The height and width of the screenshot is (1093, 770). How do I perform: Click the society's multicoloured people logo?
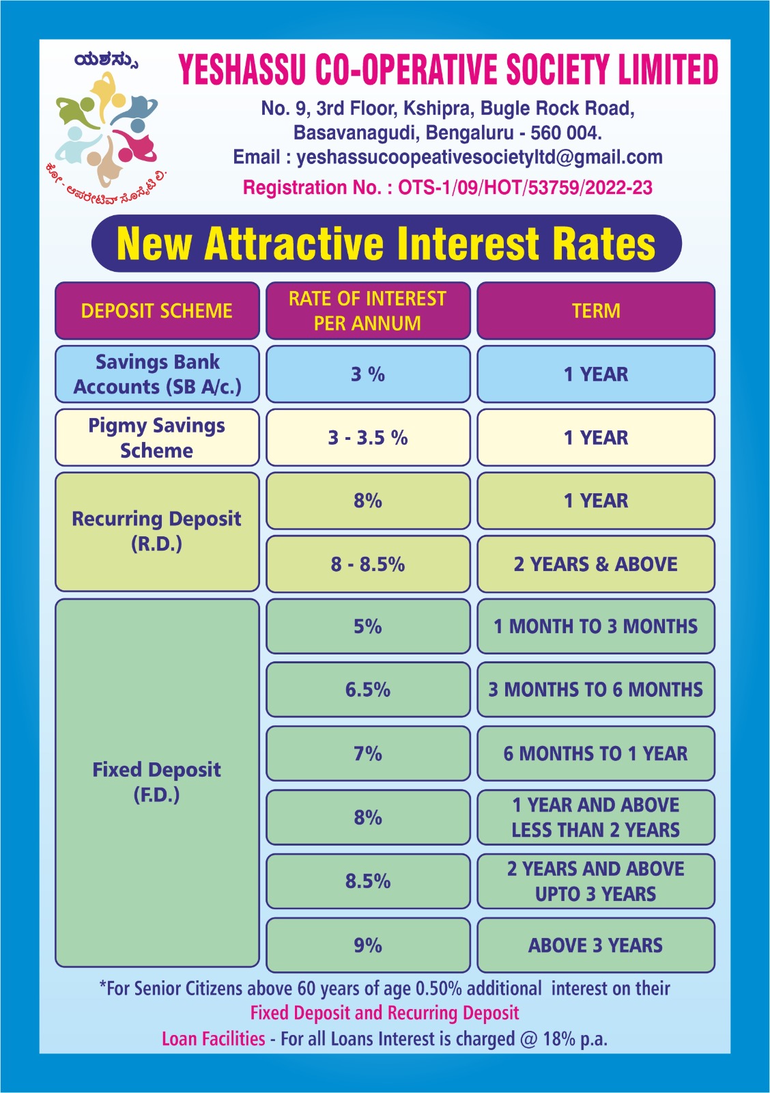pos(106,130)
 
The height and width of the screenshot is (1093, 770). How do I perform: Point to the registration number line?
pos(448,188)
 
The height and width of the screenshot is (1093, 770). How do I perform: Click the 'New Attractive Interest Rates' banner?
pos(386,244)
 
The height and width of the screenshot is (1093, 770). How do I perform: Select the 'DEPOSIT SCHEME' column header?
pos(157,311)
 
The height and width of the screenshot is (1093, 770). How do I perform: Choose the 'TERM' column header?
pos(596,311)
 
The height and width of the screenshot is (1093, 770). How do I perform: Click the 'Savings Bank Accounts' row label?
pos(157,374)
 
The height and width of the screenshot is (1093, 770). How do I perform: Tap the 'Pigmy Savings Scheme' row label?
pos(157,438)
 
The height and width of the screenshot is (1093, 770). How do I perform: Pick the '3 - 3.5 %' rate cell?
pos(368,438)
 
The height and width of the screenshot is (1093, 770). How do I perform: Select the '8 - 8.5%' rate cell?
pos(368,564)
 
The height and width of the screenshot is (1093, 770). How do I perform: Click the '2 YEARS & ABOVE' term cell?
pos(596,564)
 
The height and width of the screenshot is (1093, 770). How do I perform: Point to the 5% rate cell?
pos(368,626)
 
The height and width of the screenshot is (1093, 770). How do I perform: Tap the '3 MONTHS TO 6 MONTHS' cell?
pos(596,690)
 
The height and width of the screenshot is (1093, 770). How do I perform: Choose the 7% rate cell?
pos(368,753)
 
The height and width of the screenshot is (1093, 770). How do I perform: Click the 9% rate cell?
pos(368,945)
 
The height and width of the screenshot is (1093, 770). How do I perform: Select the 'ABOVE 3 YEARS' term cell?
pos(596,945)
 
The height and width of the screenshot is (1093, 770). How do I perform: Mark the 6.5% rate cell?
pos(368,690)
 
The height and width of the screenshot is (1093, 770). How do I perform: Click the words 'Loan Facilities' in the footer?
pos(213,1039)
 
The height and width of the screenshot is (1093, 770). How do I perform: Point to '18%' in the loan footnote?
pos(558,1039)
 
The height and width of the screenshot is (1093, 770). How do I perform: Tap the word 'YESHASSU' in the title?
pos(242,70)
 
